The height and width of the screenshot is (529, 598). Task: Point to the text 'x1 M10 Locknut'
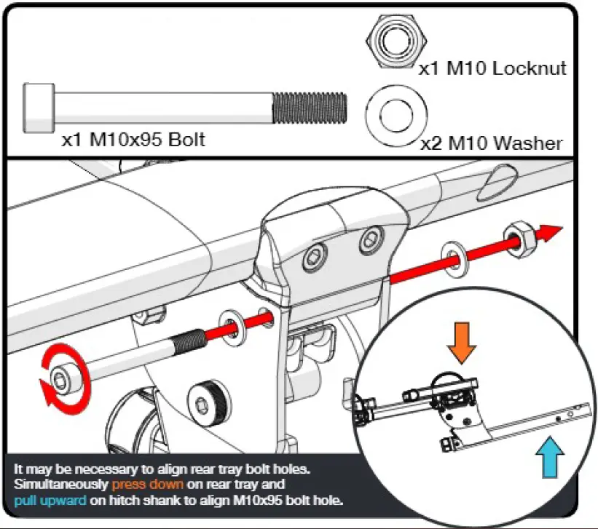tap(492, 69)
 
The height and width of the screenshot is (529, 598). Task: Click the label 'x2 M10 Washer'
tap(492, 143)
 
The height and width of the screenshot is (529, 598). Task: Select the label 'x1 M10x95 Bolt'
tap(133, 139)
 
